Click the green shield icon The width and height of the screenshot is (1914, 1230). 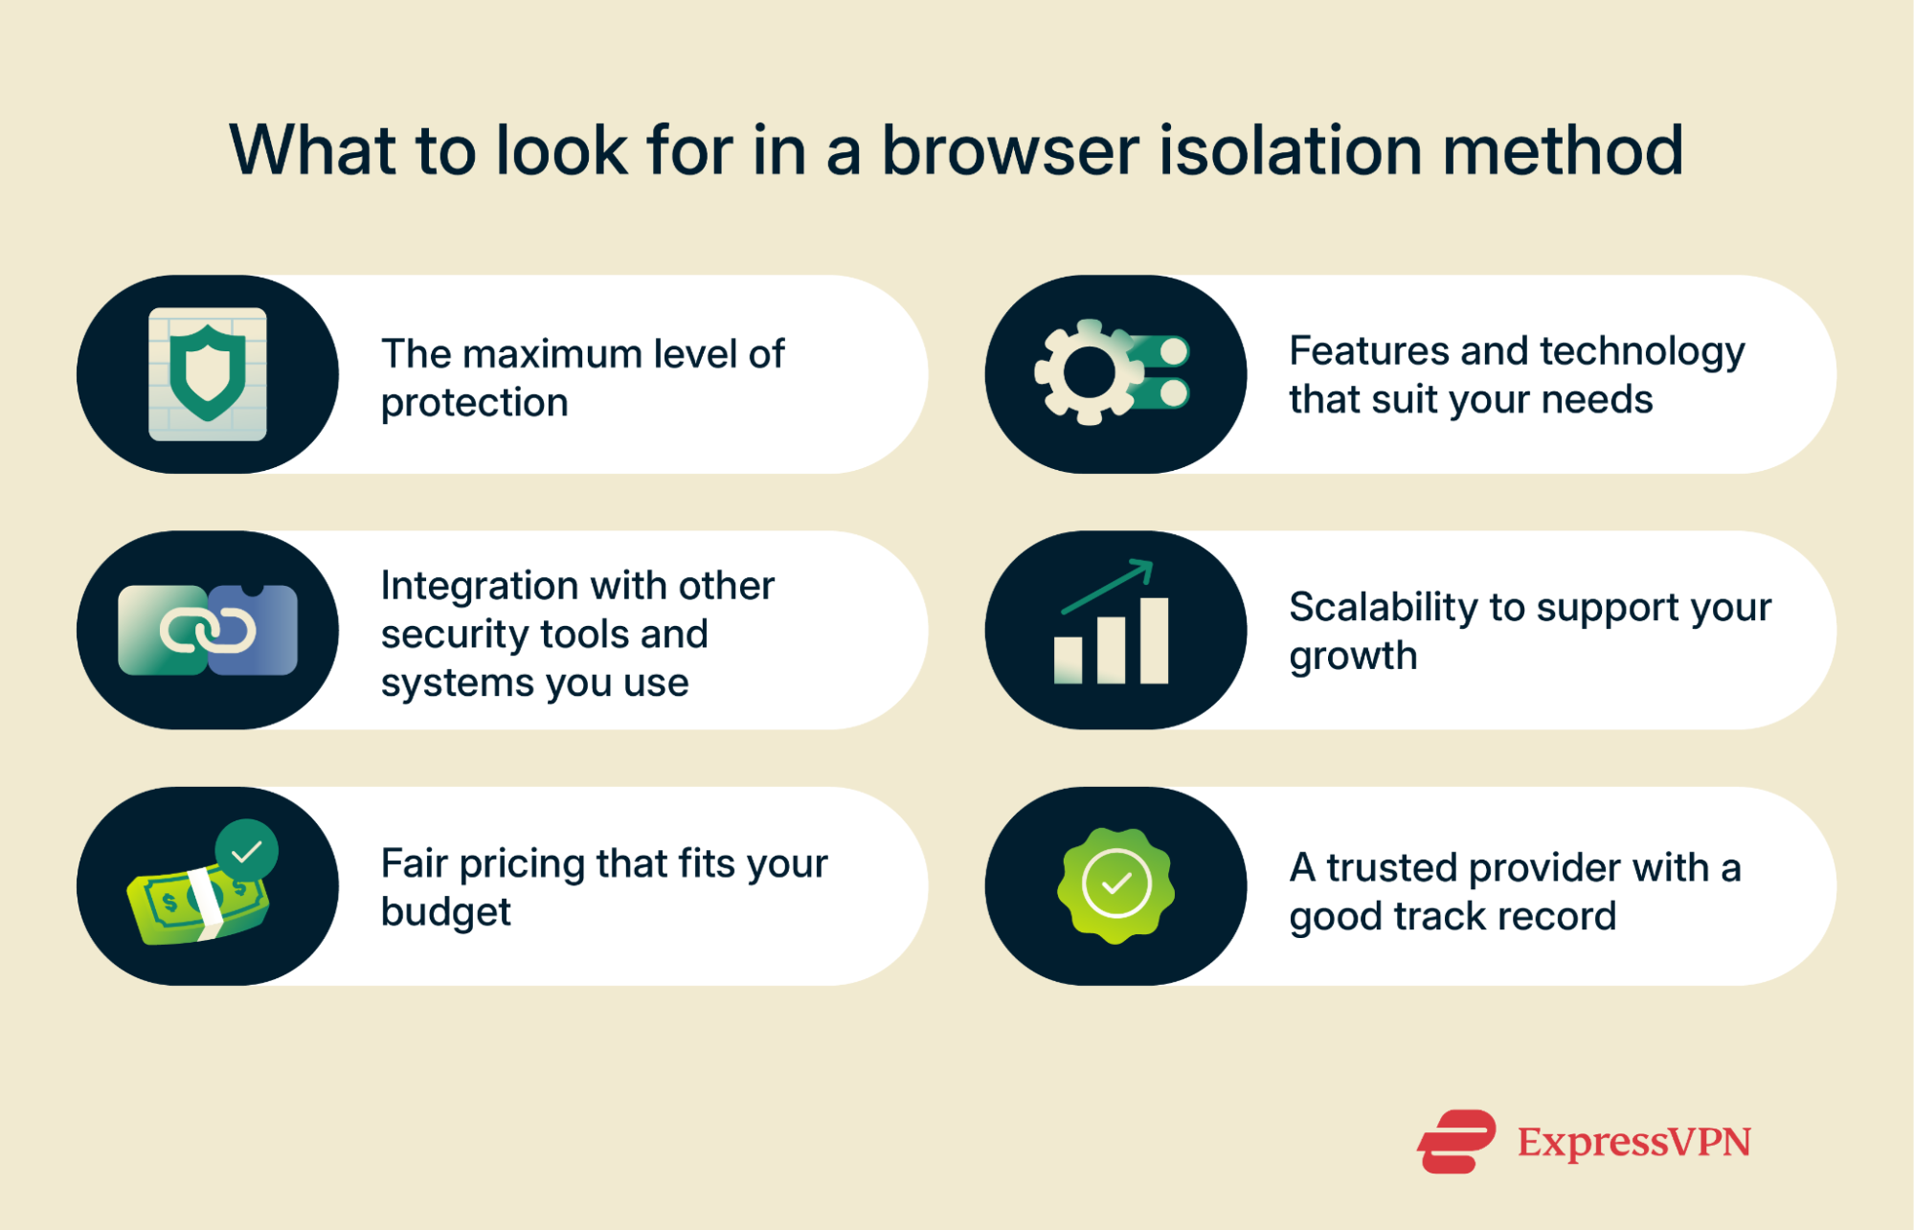click(208, 372)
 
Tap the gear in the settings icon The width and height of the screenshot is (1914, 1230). click(1088, 372)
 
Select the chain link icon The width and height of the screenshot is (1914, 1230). click(208, 630)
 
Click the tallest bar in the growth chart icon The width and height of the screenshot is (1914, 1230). click(1154, 639)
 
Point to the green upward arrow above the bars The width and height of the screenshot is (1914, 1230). click(1109, 586)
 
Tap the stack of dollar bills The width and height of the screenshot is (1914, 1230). click(196, 905)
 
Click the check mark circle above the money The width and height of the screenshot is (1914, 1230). click(247, 850)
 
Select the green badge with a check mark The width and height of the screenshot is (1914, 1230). click(1115, 884)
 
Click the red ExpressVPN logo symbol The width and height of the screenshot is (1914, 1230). click(1455, 1141)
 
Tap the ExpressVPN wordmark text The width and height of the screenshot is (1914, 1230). click(1633, 1142)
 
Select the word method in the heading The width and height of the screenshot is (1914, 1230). click(1563, 151)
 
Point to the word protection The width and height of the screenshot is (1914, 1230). click(475, 404)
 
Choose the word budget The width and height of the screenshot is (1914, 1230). click(446, 913)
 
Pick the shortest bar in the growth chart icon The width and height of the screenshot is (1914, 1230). click(1068, 660)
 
